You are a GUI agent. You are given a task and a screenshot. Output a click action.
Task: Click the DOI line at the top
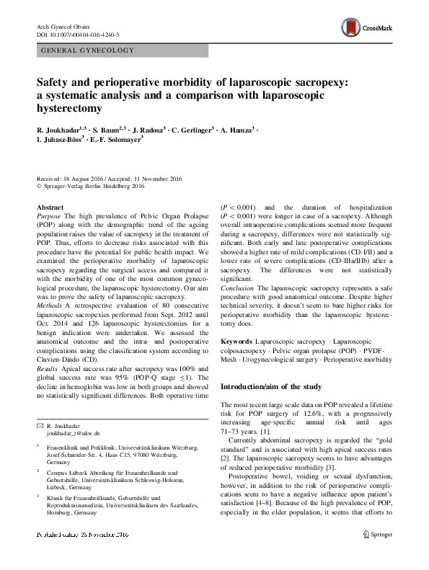tap(77, 34)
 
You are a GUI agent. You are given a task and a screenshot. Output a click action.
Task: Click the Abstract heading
tap(50, 208)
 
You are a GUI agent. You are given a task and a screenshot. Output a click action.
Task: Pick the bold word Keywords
tap(236, 339)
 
